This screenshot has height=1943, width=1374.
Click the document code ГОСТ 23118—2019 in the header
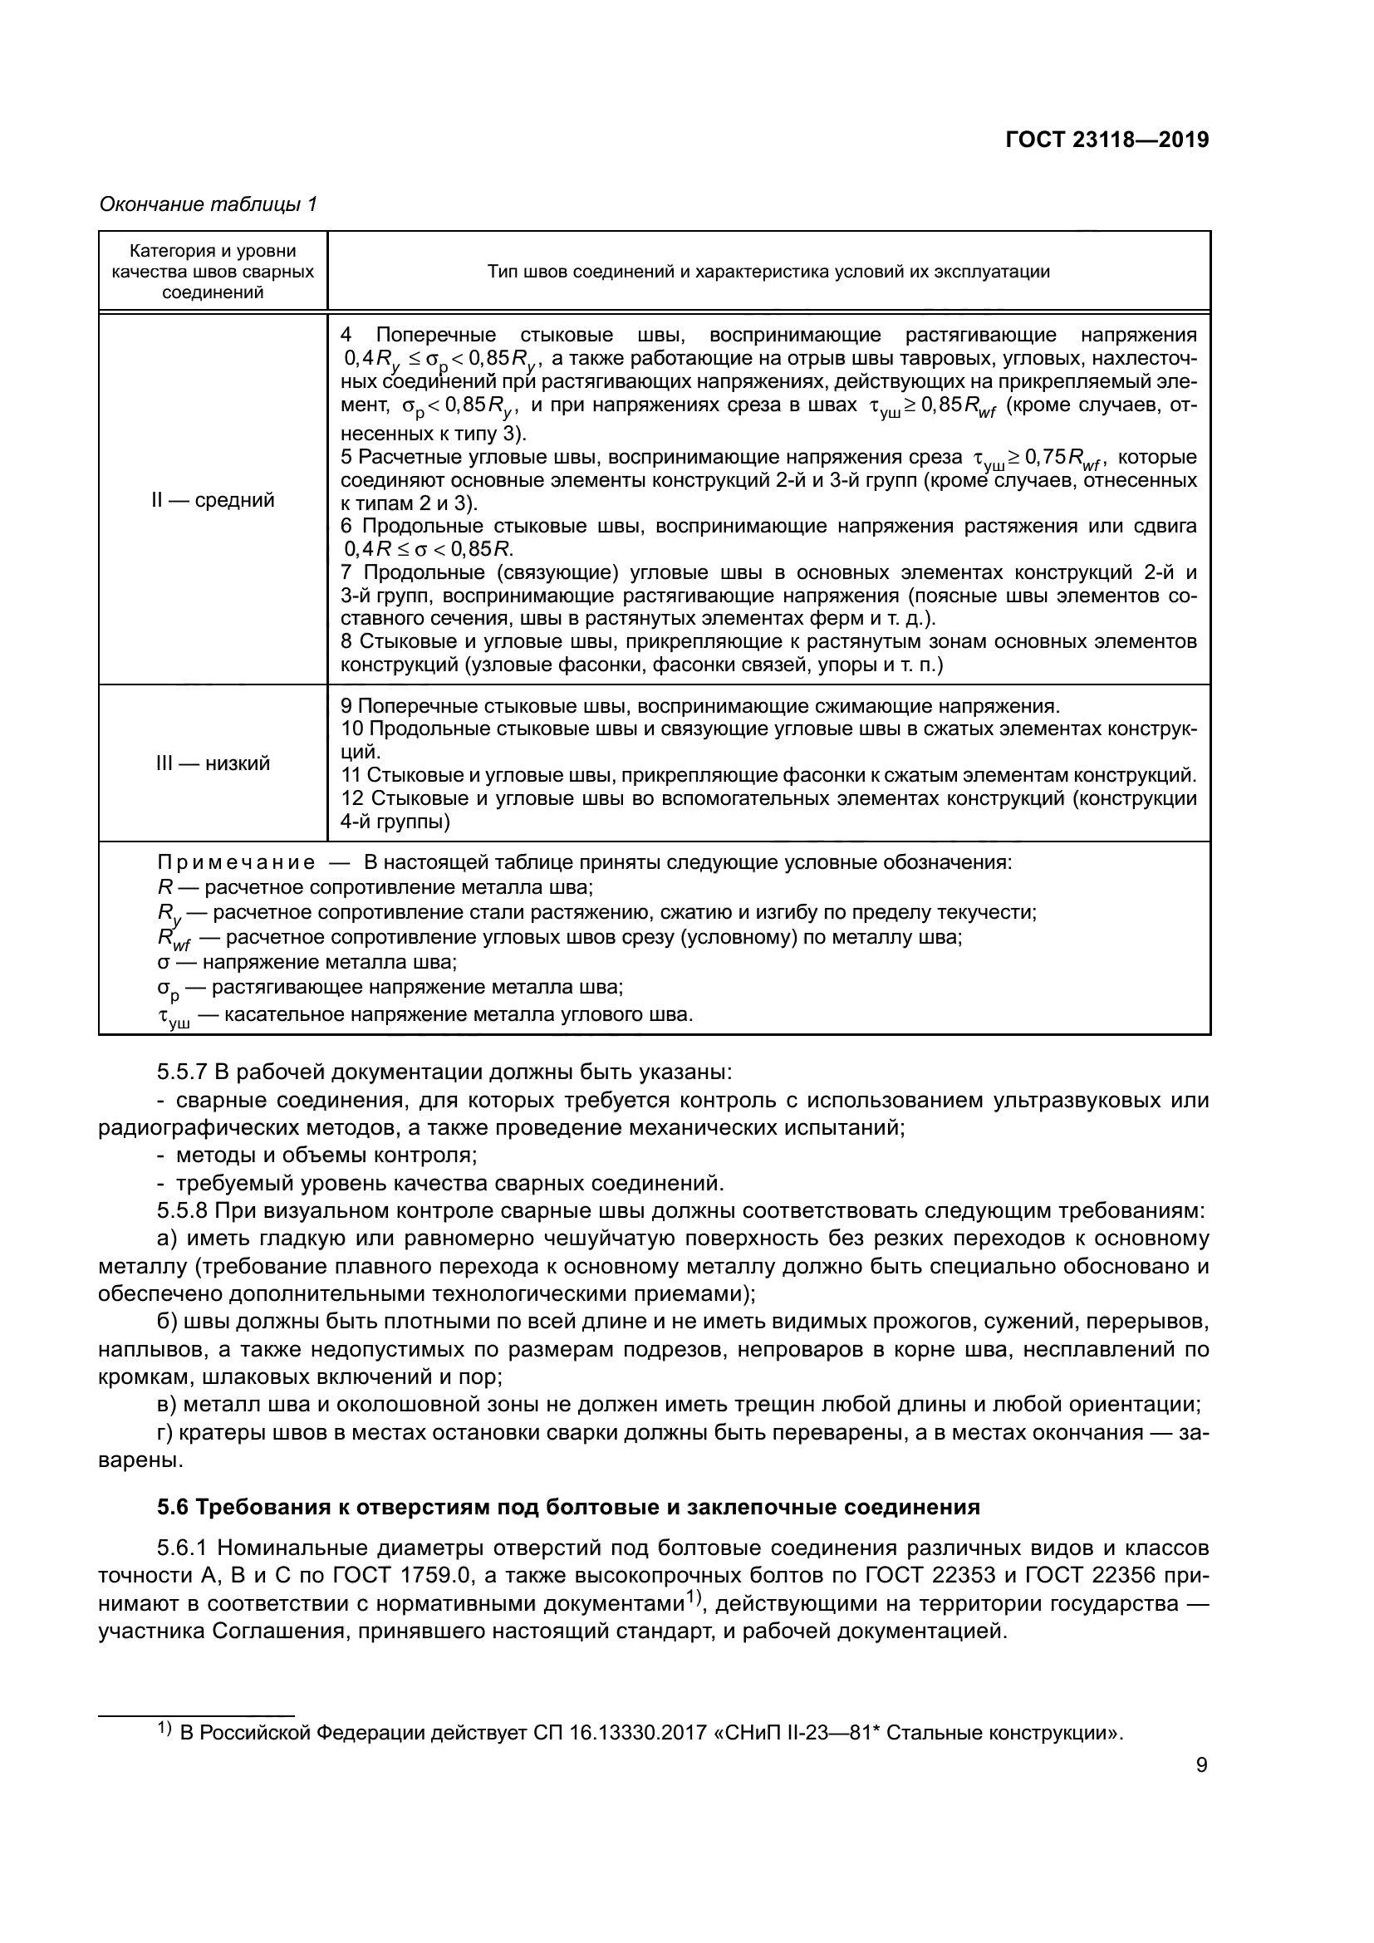coord(1106,140)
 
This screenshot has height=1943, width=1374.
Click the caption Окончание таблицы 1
coord(209,205)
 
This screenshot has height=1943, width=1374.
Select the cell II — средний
coord(213,500)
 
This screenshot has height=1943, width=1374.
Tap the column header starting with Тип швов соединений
coord(768,272)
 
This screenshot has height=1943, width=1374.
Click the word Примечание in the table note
coord(236,863)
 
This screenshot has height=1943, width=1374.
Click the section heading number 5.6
coord(175,1507)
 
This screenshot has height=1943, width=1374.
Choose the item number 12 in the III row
coord(351,799)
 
